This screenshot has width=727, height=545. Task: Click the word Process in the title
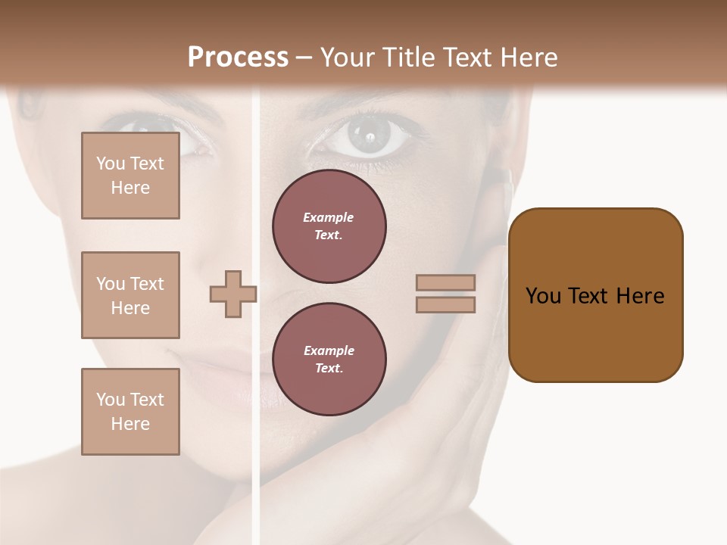[238, 58]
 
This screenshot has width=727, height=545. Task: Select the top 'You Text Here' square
[130, 176]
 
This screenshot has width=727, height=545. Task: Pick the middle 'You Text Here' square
[130, 295]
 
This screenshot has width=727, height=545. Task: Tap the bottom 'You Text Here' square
[130, 412]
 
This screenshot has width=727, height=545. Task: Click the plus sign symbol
[232, 294]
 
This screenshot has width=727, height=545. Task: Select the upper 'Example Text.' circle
[329, 226]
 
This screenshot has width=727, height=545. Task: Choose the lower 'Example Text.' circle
[329, 360]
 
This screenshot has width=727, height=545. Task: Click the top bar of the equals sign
[445, 283]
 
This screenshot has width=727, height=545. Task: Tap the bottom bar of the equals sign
[445, 304]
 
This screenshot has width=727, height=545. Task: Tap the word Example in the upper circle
[329, 217]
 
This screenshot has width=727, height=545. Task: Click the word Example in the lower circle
[329, 350]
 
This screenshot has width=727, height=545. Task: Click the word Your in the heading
[346, 58]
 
